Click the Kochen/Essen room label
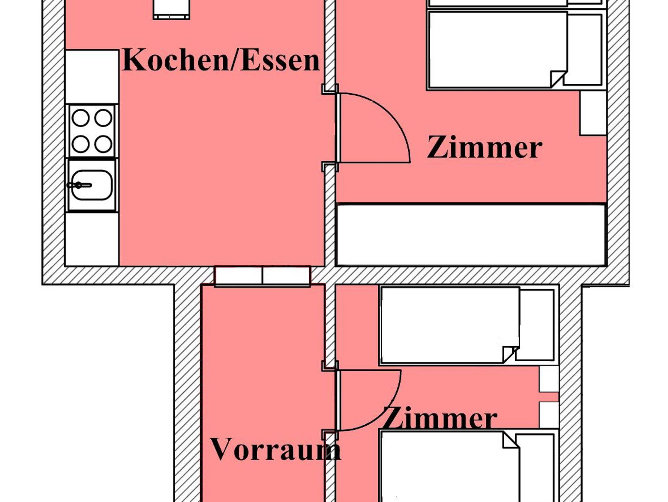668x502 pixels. [x=221, y=60]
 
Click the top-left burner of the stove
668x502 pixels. [x=81, y=118]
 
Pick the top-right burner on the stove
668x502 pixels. [x=103, y=118]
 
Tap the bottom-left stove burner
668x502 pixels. [x=81, y=144]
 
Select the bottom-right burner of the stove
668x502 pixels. [x=103, y=144]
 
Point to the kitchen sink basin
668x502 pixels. [x=92, y=185]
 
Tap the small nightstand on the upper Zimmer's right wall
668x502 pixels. [x=593, y=113]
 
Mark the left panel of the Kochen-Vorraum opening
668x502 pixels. [x=238, y=276]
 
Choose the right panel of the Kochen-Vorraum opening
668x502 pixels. [x=286, y=276]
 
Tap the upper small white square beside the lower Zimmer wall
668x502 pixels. [x=549, y=379]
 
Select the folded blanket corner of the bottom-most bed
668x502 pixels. [x=511, y=440]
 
